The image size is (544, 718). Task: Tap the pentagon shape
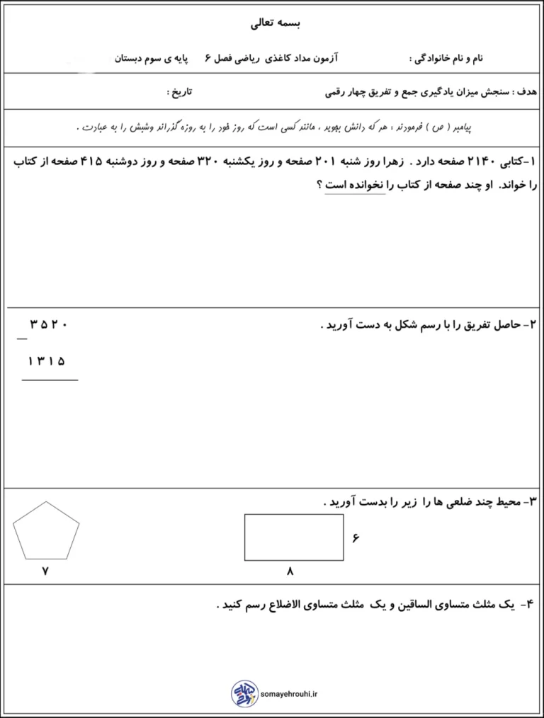point(47,530)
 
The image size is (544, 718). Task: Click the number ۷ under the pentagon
point(46,571)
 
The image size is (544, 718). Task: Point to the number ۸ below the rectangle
point(290,571)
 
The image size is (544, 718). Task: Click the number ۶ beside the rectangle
point(356,538)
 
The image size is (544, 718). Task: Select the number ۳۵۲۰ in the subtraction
point(47,324)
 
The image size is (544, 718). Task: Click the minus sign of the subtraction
point(22,338)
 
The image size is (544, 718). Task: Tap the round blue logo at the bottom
point(242,693)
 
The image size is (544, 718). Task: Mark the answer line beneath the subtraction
point(50,380)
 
